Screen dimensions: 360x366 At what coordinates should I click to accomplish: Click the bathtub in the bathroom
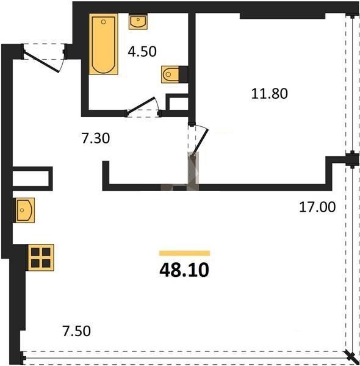[104, 44]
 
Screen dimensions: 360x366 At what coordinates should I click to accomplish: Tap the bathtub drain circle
[104, 22]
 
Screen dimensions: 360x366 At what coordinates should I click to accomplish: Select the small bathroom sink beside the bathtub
[138, 21]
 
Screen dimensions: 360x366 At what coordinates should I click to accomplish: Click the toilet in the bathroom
[170, 74]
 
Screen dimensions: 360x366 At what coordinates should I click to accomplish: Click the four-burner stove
[41, 257]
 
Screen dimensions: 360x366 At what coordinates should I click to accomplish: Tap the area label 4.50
[142, 52]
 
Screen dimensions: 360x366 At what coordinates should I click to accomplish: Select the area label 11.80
[270, 93]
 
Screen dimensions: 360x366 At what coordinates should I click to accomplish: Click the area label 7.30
[95, 138]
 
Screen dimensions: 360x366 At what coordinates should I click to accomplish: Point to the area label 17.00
[317, 207]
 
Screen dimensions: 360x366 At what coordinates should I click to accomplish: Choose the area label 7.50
[76, 331]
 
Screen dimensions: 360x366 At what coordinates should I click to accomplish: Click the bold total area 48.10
[184, 270]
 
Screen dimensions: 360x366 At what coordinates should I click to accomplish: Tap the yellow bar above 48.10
[184, 253]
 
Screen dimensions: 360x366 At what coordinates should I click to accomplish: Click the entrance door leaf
[41, 62]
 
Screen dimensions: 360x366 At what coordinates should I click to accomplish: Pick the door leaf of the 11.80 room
[200, 142]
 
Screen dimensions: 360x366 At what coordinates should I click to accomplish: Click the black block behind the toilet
[184, 74]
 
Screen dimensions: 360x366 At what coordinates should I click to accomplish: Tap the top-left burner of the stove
[35, 252]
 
